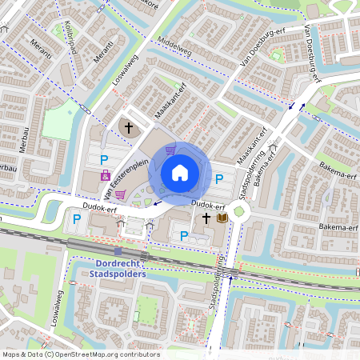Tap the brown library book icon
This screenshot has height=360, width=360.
coord(222,218)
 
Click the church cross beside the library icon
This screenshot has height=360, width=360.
coord(206,218)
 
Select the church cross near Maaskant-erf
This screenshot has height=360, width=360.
coord(128,127)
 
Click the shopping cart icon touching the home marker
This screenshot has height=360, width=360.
coord(170,150)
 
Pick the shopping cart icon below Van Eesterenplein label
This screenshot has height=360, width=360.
coord(120,193)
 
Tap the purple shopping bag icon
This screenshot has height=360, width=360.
coord(105,174)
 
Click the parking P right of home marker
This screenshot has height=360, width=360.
coord(218,178)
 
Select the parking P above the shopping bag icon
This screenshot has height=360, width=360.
coord(104,159)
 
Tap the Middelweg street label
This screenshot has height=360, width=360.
coord(175,49)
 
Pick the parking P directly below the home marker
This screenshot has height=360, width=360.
coord(184,235)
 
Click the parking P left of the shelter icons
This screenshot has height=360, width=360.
coord(77,218)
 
